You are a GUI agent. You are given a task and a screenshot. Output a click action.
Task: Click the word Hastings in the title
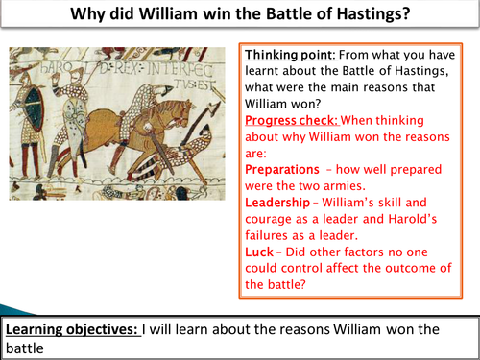[385, 16]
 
